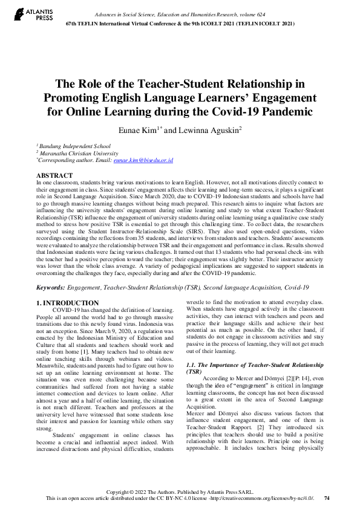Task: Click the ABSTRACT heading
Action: (54, 175)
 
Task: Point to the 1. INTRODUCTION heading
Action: (67, 303)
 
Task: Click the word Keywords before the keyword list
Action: (51, 288)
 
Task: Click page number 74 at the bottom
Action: (327, 498)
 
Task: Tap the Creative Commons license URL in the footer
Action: (266, 498)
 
